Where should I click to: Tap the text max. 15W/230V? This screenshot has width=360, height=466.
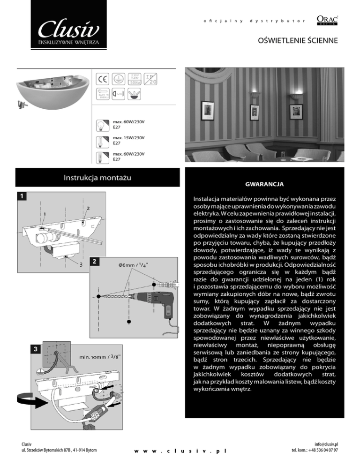(128, 138)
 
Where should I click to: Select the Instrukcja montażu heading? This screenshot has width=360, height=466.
(97, 177)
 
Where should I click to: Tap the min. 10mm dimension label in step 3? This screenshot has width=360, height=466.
(98, 358)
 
